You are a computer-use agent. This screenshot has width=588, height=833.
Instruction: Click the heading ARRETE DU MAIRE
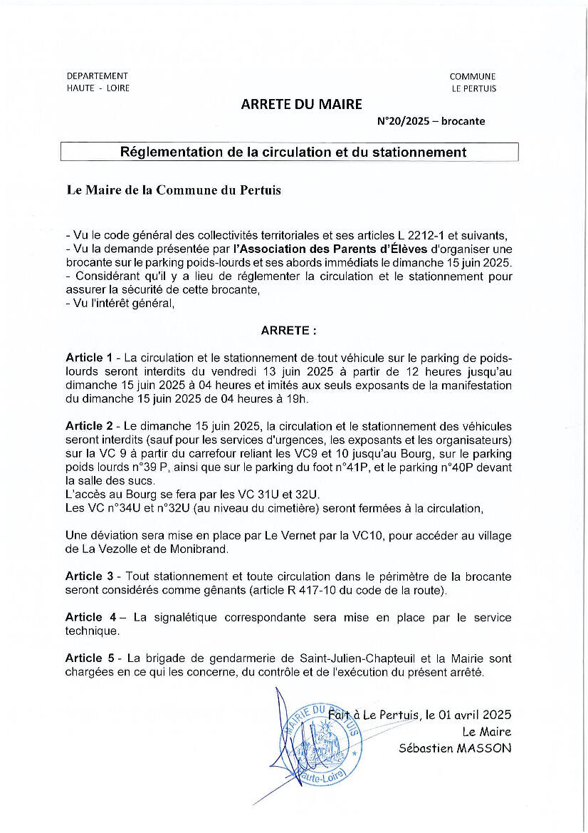click(301, 105)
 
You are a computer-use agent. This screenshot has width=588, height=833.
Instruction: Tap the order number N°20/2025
click(403, 121)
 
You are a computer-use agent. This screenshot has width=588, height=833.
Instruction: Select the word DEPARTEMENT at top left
click(98, 76)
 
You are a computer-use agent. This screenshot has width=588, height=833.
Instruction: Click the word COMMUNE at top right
click(473, 76)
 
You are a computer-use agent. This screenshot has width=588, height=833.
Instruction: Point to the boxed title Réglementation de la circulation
click(293, 152)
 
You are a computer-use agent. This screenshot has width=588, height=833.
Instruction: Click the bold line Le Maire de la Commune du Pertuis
click(174, 190)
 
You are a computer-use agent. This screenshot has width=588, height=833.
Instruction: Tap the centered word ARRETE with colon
click(288, 331)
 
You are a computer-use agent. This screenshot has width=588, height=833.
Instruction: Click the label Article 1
click(89, 356)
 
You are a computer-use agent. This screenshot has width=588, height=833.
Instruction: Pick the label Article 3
click(89, 576)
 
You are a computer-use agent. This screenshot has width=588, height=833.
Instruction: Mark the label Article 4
click(89, 618)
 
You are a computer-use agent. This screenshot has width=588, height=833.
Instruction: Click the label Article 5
click(89, 659)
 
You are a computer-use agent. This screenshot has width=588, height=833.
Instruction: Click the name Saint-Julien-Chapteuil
click(345, 659)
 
